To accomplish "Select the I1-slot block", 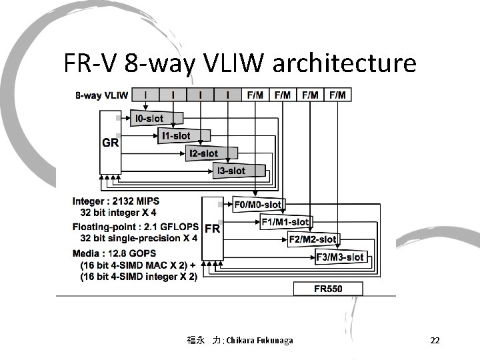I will (175, 136).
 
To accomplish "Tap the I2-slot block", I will (203, 153).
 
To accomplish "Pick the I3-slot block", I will (231, 171).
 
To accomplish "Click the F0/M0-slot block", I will (257, 204).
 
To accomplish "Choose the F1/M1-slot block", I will (285, 221).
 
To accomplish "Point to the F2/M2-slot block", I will (312, 239).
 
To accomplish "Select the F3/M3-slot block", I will (339, 257).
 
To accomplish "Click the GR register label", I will (110, 143).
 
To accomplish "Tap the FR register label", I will (212, 228).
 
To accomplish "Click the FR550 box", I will (329, 289).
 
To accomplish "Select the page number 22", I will (435, 341).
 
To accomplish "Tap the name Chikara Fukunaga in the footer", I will (259, 341).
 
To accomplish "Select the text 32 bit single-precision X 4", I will (138, 238).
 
